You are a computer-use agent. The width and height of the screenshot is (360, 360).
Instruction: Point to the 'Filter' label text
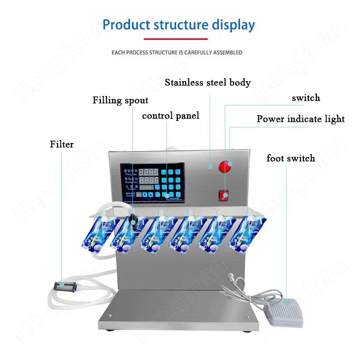[62, 144]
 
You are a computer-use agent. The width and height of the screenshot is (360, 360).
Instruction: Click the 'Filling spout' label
[120, 100]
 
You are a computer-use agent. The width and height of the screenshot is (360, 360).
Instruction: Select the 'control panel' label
[170, 116]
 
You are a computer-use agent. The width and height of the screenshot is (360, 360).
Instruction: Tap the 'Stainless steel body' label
[208, 83]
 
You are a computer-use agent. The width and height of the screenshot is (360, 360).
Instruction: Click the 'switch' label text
[306, 98]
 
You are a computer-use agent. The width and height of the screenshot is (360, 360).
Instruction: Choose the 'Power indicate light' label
[300, 119]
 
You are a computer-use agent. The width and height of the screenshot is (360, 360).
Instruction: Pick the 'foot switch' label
[291, 158]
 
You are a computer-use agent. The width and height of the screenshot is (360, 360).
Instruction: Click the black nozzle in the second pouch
[134, 220]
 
